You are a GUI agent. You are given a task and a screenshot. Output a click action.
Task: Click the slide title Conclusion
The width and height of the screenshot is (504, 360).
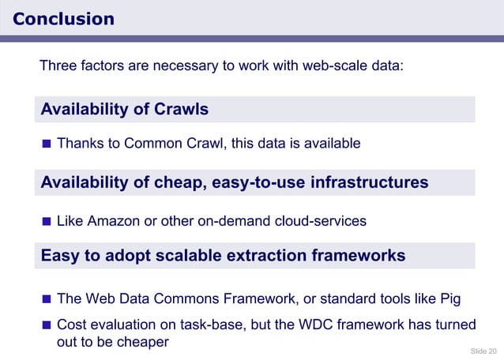click(x=64, y=19)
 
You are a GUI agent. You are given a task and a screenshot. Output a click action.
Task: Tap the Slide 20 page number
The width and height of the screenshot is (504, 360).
click(x=483, y=350)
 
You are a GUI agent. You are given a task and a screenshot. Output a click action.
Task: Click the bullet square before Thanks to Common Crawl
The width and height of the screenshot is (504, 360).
click(x=47, y=144)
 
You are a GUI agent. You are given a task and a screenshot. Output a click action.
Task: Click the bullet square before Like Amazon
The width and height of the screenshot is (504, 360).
click(x=47, y=221)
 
